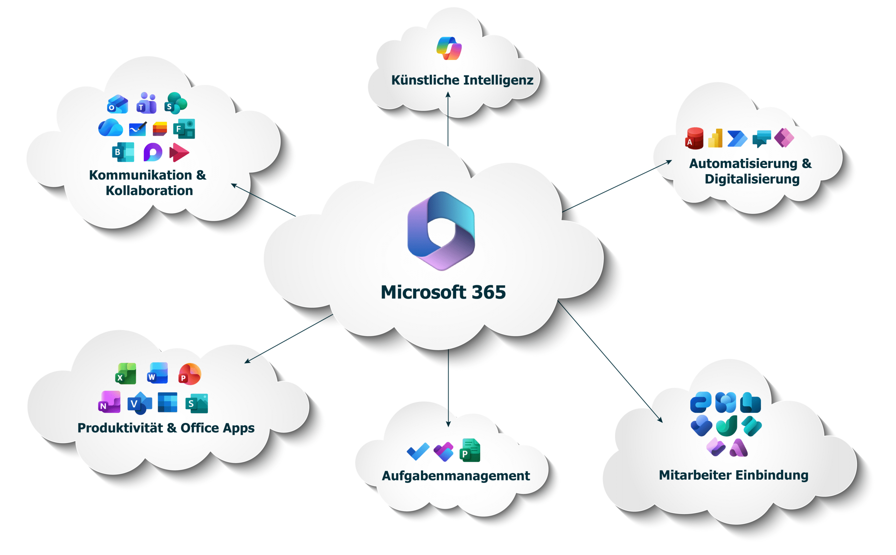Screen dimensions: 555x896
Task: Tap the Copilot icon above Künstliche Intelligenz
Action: tap(449, 48)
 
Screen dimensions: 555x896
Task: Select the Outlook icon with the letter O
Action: tap(117, 104)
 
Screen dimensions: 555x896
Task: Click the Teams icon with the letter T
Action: tap(146, 103)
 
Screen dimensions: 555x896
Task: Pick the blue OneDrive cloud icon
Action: tap(111, 128)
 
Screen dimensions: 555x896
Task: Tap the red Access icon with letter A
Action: tap(694, 138)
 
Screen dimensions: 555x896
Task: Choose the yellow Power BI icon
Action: tap(715, 138)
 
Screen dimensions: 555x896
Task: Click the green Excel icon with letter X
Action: tap(126, 374)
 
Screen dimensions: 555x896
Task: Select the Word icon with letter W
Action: tap(158, 373)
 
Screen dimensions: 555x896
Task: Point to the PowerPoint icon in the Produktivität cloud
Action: tap(190, 374)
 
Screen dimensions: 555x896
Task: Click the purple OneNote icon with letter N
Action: tap(109, 402)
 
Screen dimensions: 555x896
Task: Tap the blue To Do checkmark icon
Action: tap(418, 451)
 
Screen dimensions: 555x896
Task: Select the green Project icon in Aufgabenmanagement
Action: tap(470, 450)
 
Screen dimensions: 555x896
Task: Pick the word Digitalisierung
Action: tap(752, 179)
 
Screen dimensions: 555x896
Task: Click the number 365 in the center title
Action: tap(488, 292)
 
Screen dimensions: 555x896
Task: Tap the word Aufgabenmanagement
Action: tap(456, 476)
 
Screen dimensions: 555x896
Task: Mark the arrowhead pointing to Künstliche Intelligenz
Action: tap(448, 95)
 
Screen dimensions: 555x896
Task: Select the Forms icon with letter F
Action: tap(184, 129)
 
